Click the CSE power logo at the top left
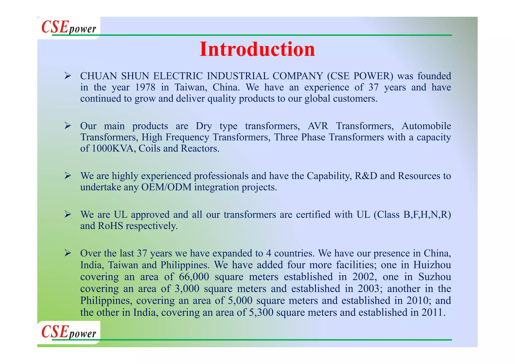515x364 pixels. coord(69,27)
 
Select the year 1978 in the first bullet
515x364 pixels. coord(145,87)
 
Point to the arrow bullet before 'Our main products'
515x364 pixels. coord(68,125)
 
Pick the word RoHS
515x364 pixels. coord(110,226)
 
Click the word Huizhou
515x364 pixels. coord(432,265)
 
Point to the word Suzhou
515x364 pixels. coord(435,277)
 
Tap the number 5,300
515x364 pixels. coord(261,312)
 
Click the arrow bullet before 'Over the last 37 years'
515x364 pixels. coord(68,253)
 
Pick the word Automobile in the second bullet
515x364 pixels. coord(426,126)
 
